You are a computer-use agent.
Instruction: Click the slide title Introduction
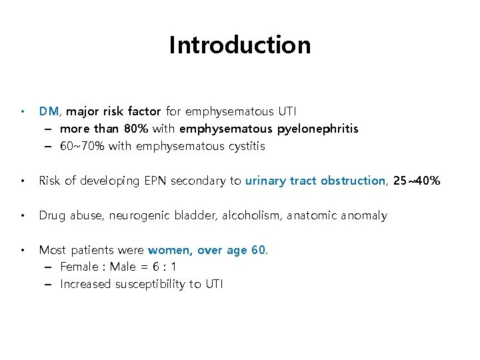[x=239, y=45]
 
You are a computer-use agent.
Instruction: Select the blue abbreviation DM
[x=49, y=111]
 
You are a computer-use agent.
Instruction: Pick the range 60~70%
[x=83, y=145]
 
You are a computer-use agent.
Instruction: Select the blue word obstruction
[x=353, y=180]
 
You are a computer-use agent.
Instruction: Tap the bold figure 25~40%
[x=417, y=180]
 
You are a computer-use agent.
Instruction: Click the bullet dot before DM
[x=23, y=111]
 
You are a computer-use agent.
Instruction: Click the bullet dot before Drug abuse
[x=23, y=215]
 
